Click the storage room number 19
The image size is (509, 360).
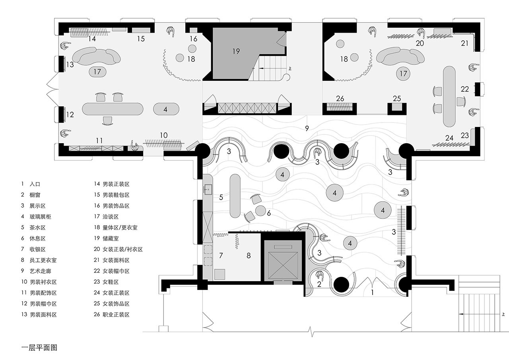pyautogui.click(x=236, y=51)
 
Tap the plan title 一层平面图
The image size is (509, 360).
pyautogui.click(x=39, y=348)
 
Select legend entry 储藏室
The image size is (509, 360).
pyautogui.click(x=111, y=238)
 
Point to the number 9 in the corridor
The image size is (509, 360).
pyautogui.click(x=307, y=128)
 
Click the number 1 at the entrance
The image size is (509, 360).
pyautogui.click(x=372, y=292)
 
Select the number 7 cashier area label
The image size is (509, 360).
pyautogui.click(x=221, y=256)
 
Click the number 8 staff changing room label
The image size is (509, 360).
pyautogui.click(x=249, y=256)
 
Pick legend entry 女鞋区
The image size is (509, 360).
pyautogui.click(x=111, y=282)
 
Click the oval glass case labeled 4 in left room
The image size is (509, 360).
pyautogui.click(x=166, y=109)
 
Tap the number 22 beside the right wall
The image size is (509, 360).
pyautogui.click(x=465, y=89)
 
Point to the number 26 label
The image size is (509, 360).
pyautogui.click(x=340, y=98)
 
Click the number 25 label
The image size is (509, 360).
pyautogui.click(x=397, y=98)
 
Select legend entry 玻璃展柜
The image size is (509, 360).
pyautogui.click(x=40, y=216)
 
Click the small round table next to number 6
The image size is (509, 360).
pyautogui.click(x=260, y=211)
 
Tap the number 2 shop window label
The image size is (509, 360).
pyautogui.click(x=319, y=284)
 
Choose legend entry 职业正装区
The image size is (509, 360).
pyautogui.click(x=116, y=315)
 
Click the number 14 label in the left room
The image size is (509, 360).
pyautogui.click(x=92, y=39)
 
